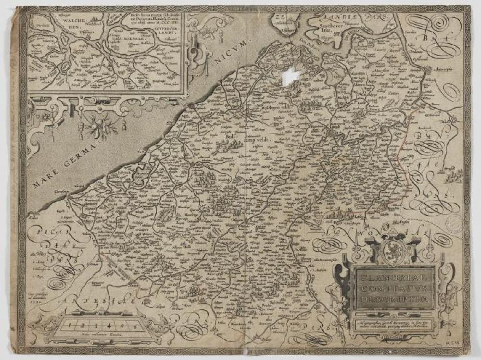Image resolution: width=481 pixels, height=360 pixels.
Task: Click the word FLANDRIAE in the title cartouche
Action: click(x=394, y=277)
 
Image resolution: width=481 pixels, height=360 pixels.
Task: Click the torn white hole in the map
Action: click(x=292, y=75)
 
